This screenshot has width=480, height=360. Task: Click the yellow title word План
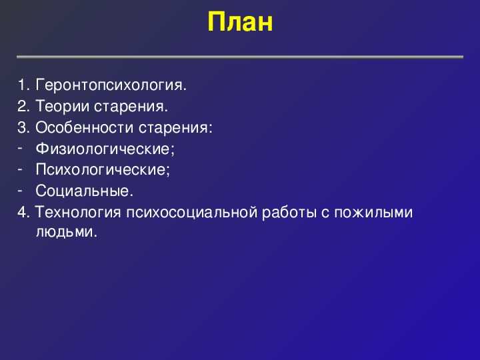[x=240, y=22]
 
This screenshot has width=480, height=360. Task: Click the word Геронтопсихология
[x=111, y=85]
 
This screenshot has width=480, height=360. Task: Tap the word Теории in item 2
[x=63, y=106]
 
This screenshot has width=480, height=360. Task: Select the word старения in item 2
[x=131, y=107]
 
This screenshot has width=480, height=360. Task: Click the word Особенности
[x=85, y=127]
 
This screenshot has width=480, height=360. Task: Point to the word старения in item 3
[x=175, y=128]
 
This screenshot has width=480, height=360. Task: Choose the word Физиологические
[x=105, y=149]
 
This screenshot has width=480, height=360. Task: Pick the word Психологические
[x=103, y=169]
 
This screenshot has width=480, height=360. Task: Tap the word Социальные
[x=84, y=191]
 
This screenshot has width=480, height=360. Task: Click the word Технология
[x=78, y=213]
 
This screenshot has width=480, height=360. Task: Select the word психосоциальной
[x=191, y=213]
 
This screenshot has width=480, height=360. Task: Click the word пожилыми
[x=373, y=213]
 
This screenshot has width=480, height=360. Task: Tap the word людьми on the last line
[x=66, y=232]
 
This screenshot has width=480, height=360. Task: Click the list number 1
[x=23, y=85]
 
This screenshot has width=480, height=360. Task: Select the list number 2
[x=23, y=106]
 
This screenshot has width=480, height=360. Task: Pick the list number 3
[x=23, y=127]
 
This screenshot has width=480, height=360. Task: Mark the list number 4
[x=23, y=213]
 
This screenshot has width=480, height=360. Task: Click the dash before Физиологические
[x=20, y=147]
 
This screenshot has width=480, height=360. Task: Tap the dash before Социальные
[x=20, y=190]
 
